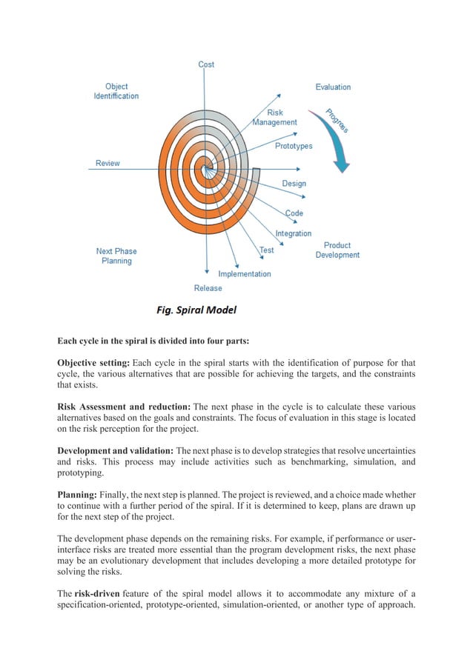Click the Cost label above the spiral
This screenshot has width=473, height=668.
[x=206, y=64]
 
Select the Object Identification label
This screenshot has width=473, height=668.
[x=116, y=91]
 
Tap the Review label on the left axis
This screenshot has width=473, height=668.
[x=107, y=163]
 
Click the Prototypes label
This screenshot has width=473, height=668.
[x=294, y=146]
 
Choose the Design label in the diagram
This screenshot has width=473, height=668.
[x=294, y=183]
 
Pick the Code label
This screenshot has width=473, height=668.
[x=294, y=213]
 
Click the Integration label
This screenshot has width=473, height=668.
[x=294, y=233]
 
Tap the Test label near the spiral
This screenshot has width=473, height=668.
[x=266, y=250]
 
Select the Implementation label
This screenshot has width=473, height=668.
[x=244, y=273]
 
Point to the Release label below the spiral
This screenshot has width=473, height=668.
[x=208, y=288]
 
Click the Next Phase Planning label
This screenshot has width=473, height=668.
[x=116, y=255]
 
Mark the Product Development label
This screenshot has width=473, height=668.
[x=337, y=250]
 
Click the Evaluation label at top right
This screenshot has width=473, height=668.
[x=333, y=87]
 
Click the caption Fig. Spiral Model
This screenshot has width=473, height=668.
[x=196, y=310]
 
